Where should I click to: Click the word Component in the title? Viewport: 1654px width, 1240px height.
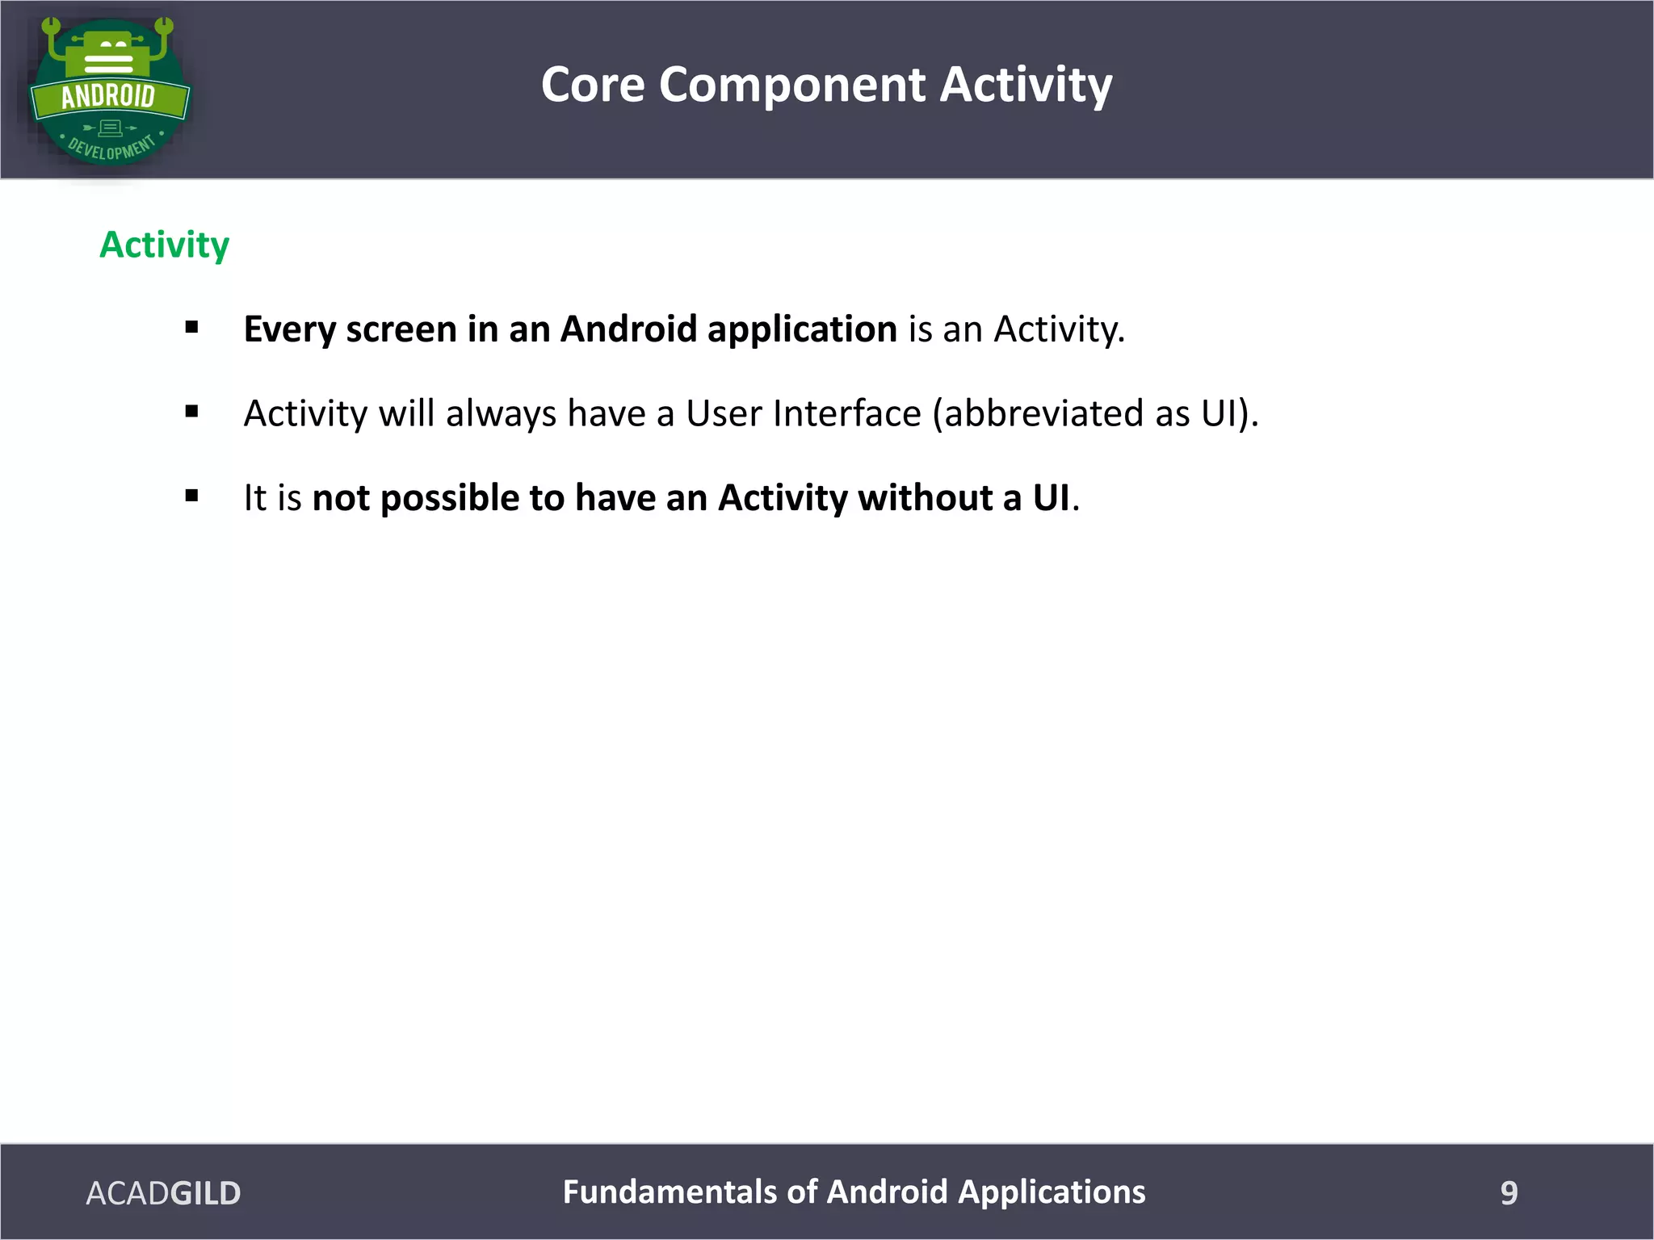click(791, 85)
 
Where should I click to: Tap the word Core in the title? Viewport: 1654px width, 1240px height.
click(593, 85)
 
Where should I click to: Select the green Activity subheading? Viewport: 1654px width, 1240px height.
click(164, 245)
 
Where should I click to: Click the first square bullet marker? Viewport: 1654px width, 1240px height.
click(191, 328)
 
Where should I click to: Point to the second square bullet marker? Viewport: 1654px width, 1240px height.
click(191, 413)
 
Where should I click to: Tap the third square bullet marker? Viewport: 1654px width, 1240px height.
click(191, 496)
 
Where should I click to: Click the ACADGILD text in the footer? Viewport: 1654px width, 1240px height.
click(163, 1193)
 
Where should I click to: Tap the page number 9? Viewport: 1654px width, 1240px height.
click(1509, 1193)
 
